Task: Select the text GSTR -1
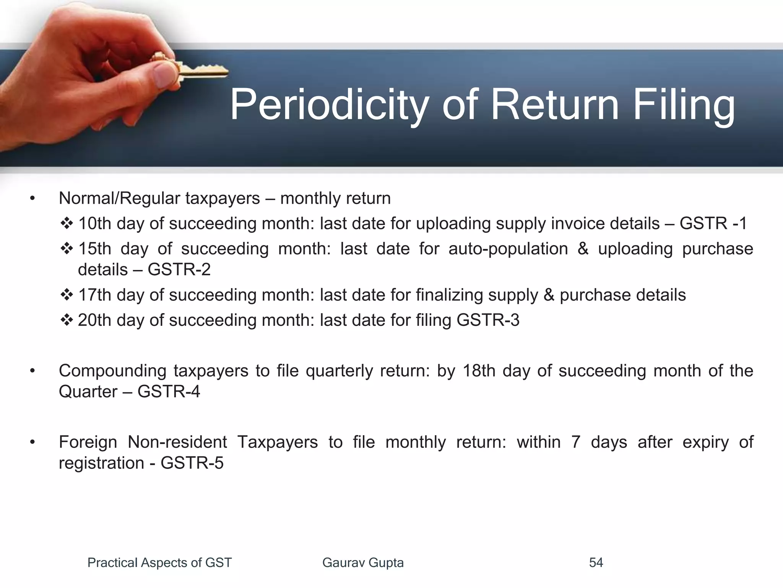(x=713, y=224)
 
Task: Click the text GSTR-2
(x=179, y=270)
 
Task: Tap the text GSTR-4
(x=169, y=392)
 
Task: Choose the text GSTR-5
(x=192, y=463)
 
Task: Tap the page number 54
(x=596, y=563)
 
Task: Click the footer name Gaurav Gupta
(x=363, y=563)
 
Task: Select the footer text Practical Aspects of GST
(x=159, y=563)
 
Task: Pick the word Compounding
(x=112, y=371)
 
